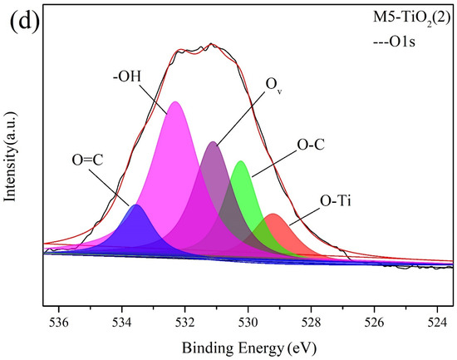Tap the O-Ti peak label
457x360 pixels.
(x=336, y=200)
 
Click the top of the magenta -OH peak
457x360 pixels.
(x=175, y=102)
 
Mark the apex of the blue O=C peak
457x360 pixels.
(x=136, y=205)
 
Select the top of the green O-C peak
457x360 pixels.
(x=240, y=161)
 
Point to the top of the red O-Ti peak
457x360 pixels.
(x=273, y=215)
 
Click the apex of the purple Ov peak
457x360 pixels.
(x=214, y=142)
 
